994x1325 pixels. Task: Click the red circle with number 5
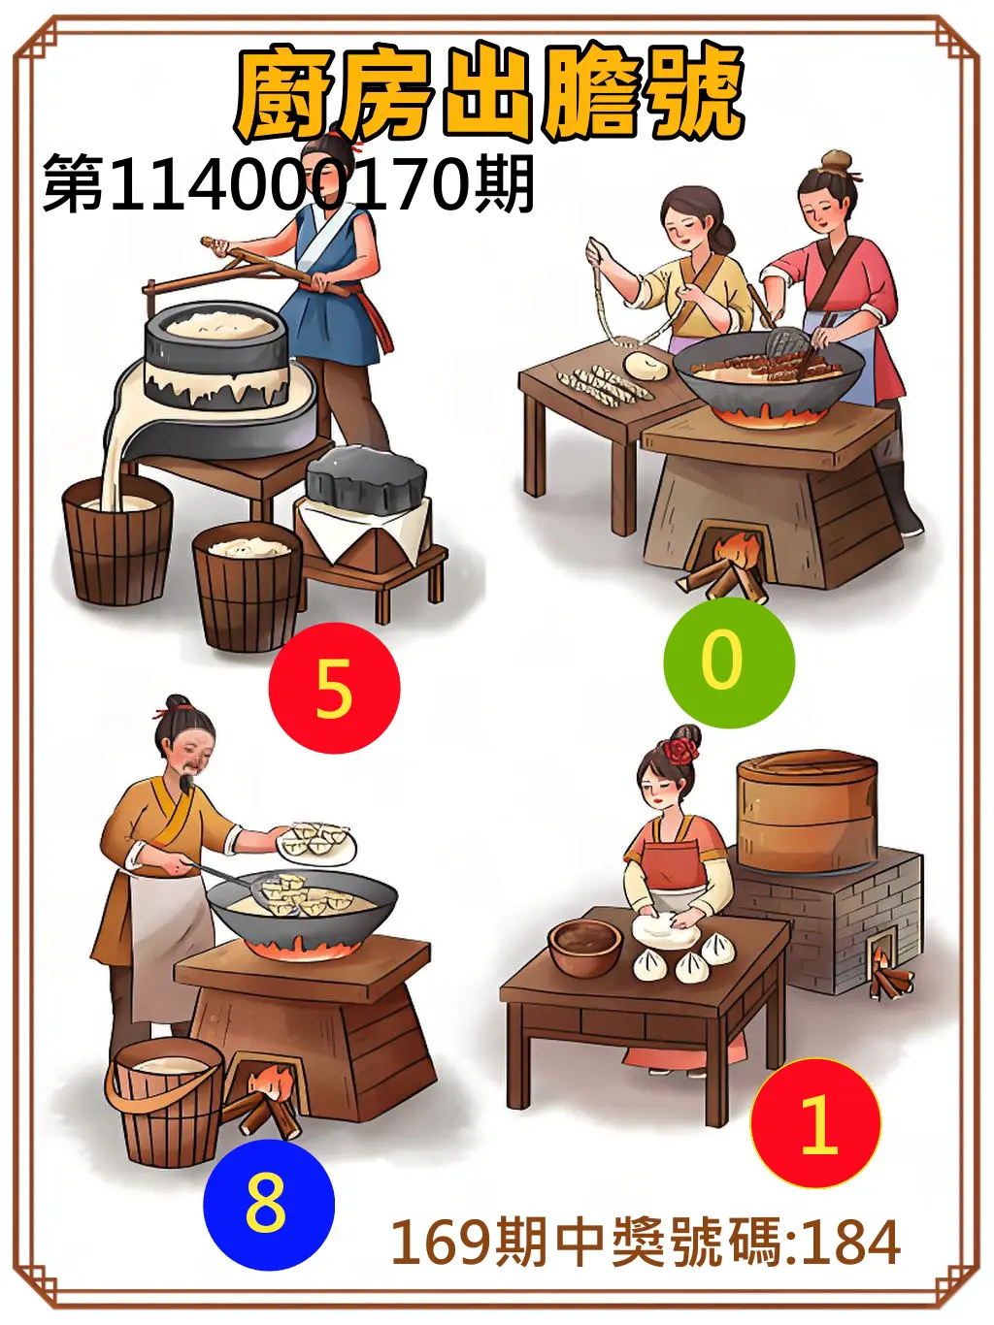coord(334,688)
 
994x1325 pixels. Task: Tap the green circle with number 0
coord(728,662)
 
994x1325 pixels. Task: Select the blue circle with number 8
coord(268,1204)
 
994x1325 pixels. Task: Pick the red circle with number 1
coord(815,1123)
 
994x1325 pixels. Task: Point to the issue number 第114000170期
coord(288,184)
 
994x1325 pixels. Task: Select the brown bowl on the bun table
coord(584,946)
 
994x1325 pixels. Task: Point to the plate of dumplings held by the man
coord(316,840)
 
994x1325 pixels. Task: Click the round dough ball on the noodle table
coord(646,366)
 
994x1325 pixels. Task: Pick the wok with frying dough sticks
coord(768,373)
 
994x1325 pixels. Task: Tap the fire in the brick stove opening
coord(886,970)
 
